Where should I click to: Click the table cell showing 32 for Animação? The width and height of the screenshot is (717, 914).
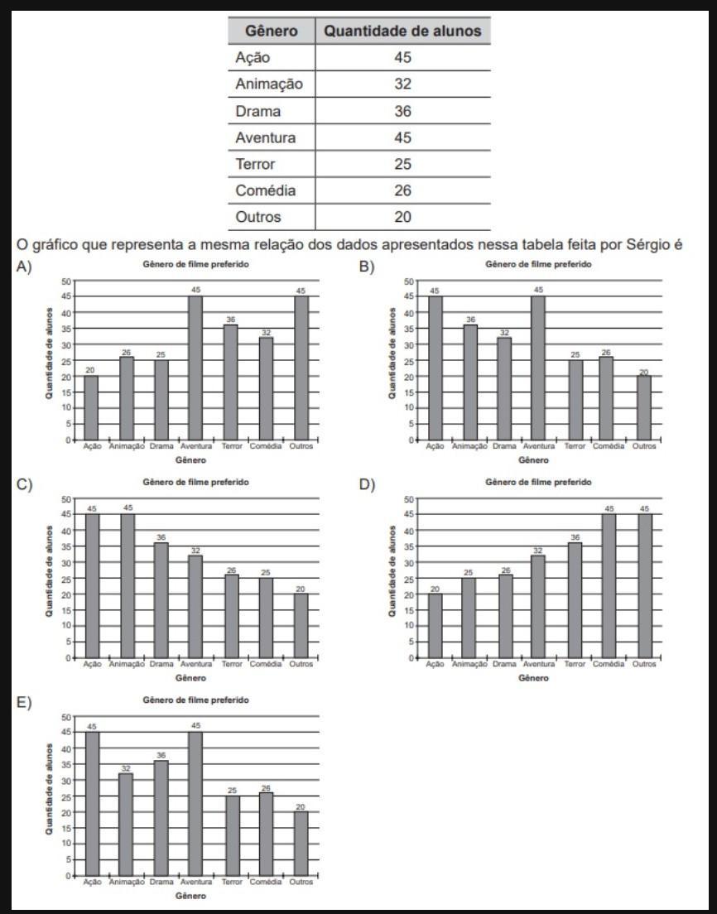[402, 84]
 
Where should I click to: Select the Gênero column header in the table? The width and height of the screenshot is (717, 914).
[271, 31]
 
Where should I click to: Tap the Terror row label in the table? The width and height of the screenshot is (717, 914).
[255, 164]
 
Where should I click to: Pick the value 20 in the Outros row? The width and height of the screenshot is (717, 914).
[402, 217]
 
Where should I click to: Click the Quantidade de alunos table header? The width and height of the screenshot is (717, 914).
[402, 31]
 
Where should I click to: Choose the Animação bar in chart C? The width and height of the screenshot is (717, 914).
[127, 585]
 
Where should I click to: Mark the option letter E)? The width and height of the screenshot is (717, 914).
[24, 702]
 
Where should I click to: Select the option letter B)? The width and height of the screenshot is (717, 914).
[367, 267]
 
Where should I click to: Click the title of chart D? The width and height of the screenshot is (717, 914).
[538, 482]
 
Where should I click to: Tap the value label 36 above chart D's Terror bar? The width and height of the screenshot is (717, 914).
[575, 536]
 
